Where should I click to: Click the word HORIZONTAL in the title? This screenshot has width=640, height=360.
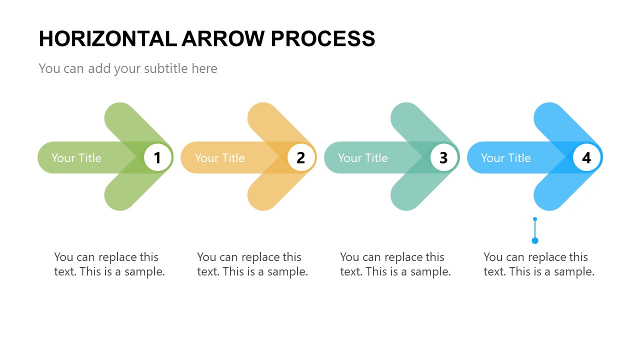[107, 39]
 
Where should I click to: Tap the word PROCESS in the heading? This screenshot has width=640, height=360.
[323, 39]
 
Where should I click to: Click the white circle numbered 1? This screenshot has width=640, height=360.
[157, 157]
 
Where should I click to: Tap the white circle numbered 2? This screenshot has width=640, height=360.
[300, 157]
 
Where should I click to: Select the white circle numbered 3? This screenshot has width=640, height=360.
[443, 157]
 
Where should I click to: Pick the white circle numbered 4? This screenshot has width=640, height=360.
[586, 157]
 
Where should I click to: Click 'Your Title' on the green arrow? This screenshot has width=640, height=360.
[76, 158]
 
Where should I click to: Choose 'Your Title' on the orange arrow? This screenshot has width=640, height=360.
[220, 158]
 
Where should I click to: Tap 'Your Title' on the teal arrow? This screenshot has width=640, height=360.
[363, 158]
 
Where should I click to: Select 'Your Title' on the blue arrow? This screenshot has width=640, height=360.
[506, 158]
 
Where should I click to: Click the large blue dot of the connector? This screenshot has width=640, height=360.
[535, 240]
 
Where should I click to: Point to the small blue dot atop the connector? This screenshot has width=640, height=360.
[535, 219]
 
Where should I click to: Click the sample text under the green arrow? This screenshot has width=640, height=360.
[109, 264]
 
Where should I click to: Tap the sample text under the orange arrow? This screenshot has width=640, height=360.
[252, 264]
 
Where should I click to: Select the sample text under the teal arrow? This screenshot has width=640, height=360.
[395, 264]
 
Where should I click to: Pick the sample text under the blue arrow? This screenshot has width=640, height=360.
[539, 264]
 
